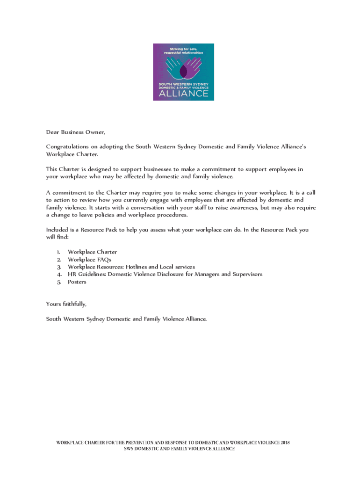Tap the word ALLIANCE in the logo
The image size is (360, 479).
[x=184, y=93]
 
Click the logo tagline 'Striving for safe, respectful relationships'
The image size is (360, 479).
[x=183, y=51]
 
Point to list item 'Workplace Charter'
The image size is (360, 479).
[x=93, y=252]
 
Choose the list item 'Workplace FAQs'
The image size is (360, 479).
[x=90, y=260]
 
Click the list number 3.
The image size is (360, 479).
[x=59, y=267]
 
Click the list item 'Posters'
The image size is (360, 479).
[x=77, y=282]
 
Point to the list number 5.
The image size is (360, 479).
[x=59, y=282]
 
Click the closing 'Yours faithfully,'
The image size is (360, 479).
[x=66, y=304]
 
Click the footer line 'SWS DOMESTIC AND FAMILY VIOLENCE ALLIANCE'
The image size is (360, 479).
[x=180, y=449]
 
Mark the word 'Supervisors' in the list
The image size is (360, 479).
[x=245, y=275]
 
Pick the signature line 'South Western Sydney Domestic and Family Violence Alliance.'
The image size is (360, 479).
[x=126, y=319]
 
